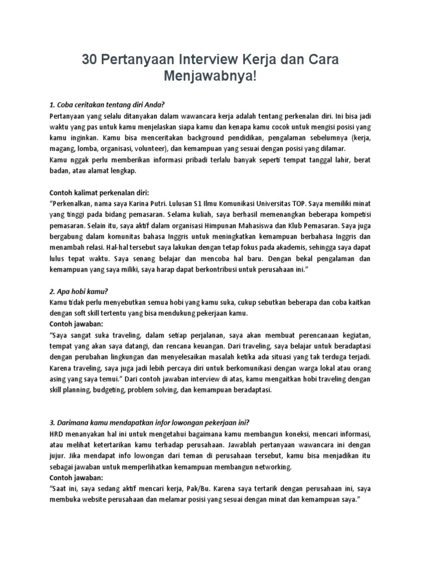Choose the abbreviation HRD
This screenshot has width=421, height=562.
(x=58, y=434)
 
